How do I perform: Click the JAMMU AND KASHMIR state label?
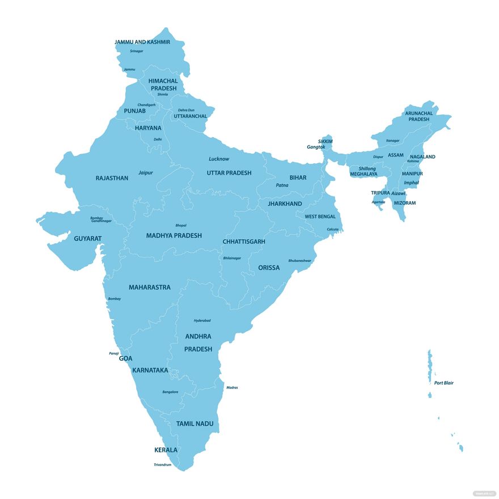coord(142,42)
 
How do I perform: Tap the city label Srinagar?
coord(136,51)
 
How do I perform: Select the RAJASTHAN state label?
coord(112,178)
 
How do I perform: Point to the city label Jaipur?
coord(146,172)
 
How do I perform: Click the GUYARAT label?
coord(88,239)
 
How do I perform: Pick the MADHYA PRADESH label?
coord(174,235)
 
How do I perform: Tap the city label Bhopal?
coord(181,225)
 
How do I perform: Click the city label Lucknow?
coord(219,159)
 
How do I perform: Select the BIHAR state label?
coord(298,177)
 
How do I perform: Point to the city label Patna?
coord(282,185)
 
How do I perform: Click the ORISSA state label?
coord(269,268)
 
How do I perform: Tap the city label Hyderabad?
coord(202,320)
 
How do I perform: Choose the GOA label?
coord(125,358)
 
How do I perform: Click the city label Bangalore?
coord(170,392)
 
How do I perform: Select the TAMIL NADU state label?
coord(190,424)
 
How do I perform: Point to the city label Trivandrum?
coord(162,464)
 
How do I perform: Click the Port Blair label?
coord(444,383)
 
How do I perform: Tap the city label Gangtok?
coord(316,147)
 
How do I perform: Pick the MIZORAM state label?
coord(405,203)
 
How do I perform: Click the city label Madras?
coord(232,387)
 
